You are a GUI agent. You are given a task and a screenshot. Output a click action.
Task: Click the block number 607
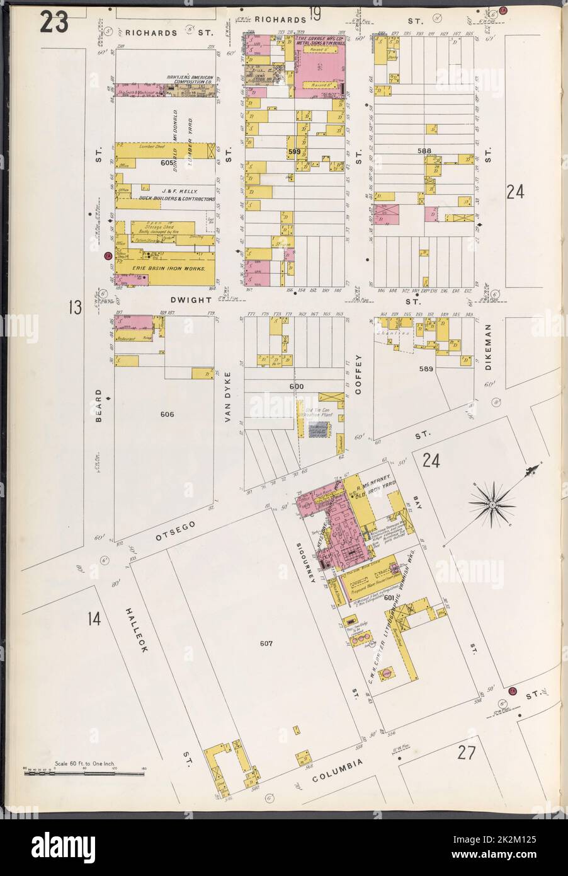point(265,643)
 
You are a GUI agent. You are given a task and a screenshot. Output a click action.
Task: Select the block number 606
point(167,414)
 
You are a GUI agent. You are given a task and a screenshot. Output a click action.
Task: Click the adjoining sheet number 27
point(465,752)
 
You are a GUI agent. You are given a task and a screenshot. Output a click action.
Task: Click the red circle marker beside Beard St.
point(108,256)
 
